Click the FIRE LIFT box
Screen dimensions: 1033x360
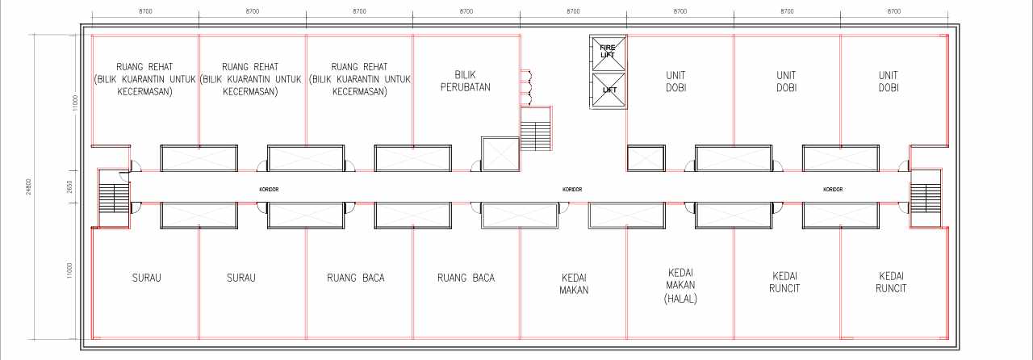(609, 53)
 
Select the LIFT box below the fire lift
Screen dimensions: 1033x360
(609, 90)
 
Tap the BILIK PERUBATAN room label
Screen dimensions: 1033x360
(466, 81)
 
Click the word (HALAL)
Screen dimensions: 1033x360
(680, 299)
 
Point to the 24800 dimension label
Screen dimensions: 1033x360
(28, 187)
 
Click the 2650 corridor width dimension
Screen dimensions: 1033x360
(69, 187)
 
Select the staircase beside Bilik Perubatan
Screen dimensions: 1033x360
(536, 129)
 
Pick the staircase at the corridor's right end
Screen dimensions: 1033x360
(925, 199)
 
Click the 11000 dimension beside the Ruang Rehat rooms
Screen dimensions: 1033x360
(76, 103)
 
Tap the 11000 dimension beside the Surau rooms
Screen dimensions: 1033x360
(69, 270)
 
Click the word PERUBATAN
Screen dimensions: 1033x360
(466, 86)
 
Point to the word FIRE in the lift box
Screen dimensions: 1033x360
(608, 48)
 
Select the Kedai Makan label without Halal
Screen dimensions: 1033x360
(574, 284)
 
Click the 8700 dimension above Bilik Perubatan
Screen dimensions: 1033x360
(466, 11)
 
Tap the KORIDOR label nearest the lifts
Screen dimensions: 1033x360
(572, 189)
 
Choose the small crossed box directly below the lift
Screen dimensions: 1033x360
(646, 158)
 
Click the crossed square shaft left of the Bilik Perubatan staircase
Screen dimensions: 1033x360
(500, 154)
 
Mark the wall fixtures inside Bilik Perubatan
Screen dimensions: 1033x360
(526, 87)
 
